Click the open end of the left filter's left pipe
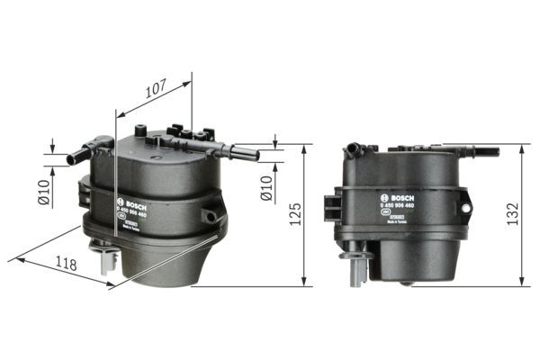click(x=70, y=159)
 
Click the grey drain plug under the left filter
click(x=110, y=258)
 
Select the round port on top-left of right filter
click(x=355, y=146)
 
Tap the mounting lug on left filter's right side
click(x=210, y=216)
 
